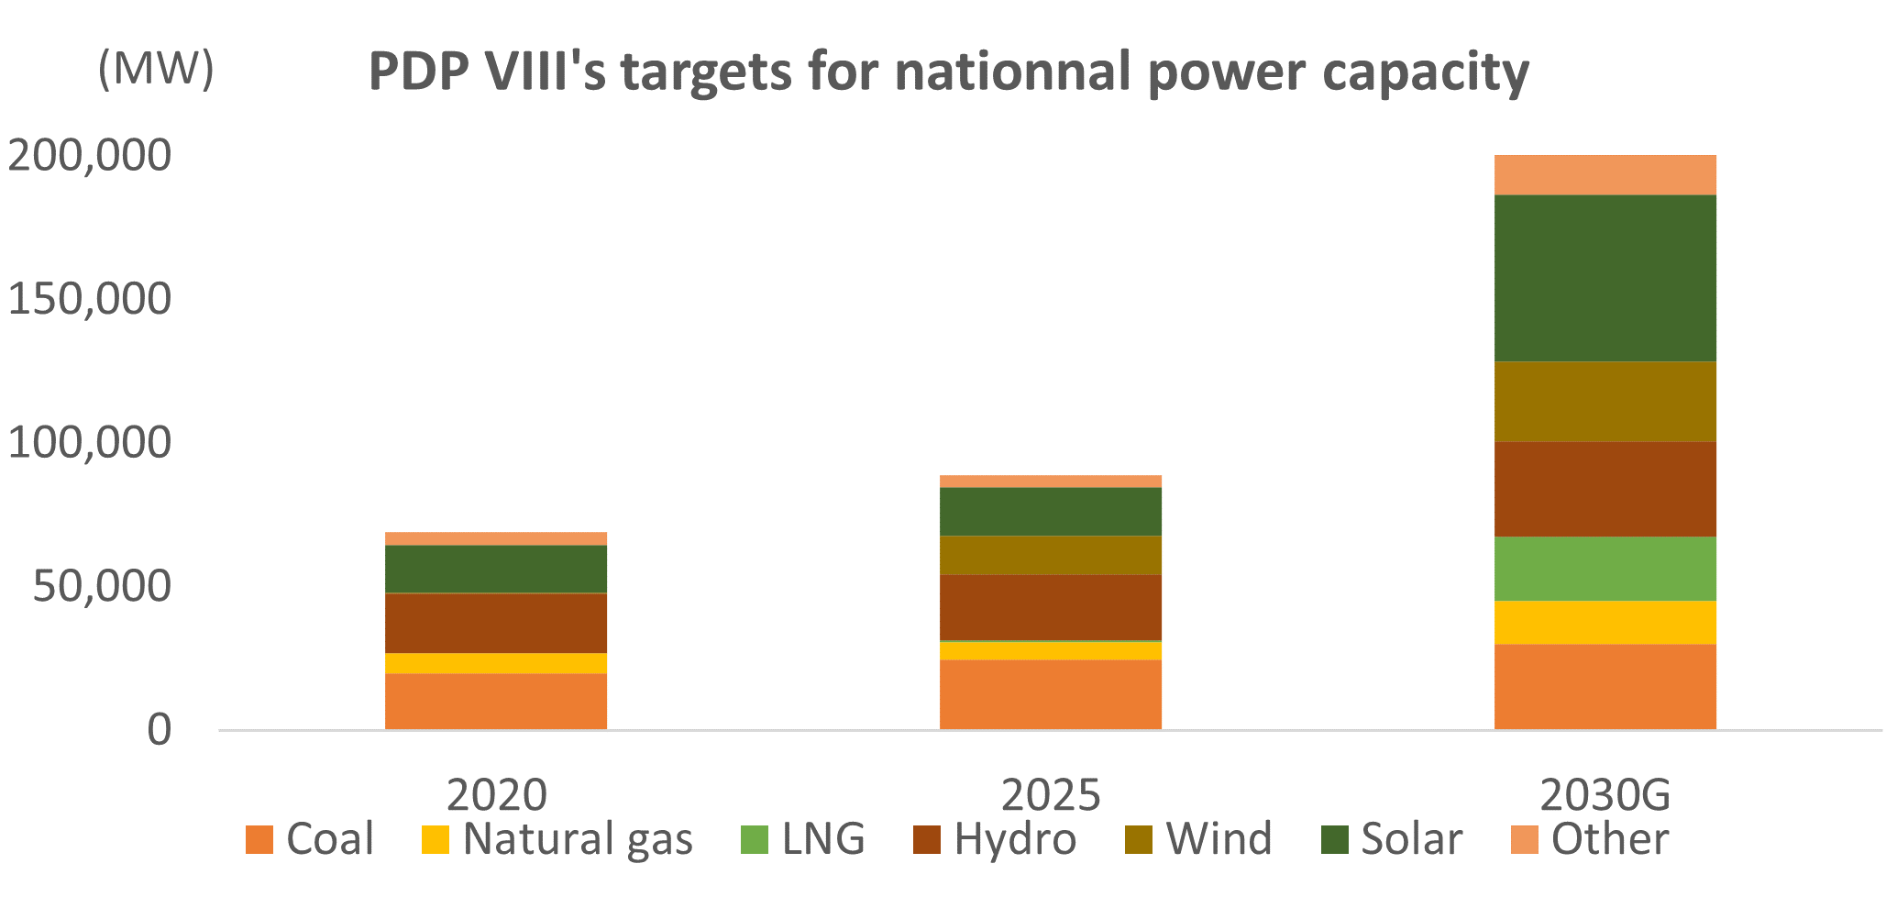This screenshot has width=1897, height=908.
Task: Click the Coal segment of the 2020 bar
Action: [495, 702]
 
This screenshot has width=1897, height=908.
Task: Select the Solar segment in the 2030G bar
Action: [1605, 278]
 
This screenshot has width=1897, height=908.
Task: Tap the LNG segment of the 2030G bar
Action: [1605, 569]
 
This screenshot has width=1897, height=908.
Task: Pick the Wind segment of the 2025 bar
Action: [1050, 555]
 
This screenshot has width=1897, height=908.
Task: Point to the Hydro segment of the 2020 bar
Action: [495, 623]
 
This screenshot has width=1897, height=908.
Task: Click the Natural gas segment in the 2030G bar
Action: [1605, 623]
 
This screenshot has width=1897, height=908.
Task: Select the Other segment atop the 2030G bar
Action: [1605, 174]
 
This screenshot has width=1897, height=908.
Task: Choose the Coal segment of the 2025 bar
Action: [1050, 694]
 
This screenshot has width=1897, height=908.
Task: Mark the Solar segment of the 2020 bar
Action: [495, 569]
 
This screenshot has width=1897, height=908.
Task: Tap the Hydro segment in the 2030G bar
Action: [1605, 489]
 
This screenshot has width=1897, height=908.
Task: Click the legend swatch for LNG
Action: [755, 840]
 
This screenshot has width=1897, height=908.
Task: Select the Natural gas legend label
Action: [578, 840]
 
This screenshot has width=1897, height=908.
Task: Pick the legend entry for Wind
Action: [1219, 840]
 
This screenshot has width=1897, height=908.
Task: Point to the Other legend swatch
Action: [1524, 840]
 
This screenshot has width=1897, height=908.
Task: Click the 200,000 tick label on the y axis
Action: [89, 156]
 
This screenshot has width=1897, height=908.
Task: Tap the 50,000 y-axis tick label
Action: [102, 587]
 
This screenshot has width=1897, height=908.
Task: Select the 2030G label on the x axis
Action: [1605, 795]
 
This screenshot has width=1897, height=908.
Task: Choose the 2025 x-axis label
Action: [1050, 795]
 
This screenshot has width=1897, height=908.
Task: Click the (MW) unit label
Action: [156, 69]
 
